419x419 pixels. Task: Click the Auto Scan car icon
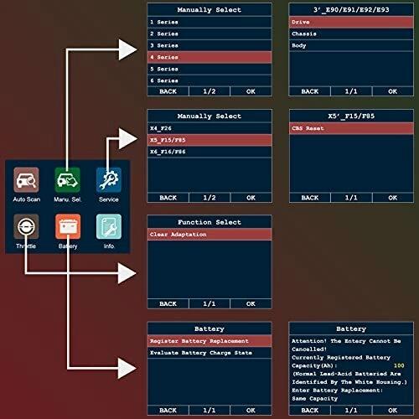(x=26, y=180)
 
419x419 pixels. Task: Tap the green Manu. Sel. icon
(x=67, y=180)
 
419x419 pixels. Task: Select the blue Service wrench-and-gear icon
(x=109, y=180)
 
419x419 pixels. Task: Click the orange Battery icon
(x=68, y=226)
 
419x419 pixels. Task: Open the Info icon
(x=109, y=226)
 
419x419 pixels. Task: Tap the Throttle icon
(x=26, y=226)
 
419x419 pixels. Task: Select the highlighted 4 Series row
(x=209, y=57)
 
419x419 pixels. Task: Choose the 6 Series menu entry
(x=209, y=80)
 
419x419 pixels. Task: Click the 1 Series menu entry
(x=209, y=22)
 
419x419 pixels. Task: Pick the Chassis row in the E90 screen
(x=351, y=34)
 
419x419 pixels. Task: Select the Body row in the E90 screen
(x=351, y=45)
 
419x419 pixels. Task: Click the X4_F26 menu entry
(x=209, y=128)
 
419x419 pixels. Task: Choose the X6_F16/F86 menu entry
(x=209, y=152)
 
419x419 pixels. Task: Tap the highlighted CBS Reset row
(x=351, y=128)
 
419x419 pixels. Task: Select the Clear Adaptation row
(x=209, y=235)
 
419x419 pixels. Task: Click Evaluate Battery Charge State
(x=209, y=353)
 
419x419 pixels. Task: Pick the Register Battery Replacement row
(x=209, y=341)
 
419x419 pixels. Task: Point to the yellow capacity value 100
(x=399, y=365)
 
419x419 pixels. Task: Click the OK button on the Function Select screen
(x=251, y=303)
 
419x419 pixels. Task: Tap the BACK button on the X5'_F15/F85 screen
(x=310, y=198)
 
